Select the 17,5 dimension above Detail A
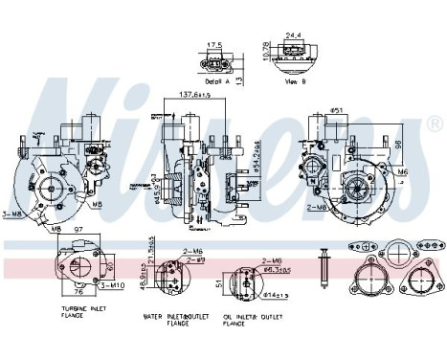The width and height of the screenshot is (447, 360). pyautogui.click(x=215, y=44)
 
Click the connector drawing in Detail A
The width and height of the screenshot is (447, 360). pyautogui.click(x=215, y=62)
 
